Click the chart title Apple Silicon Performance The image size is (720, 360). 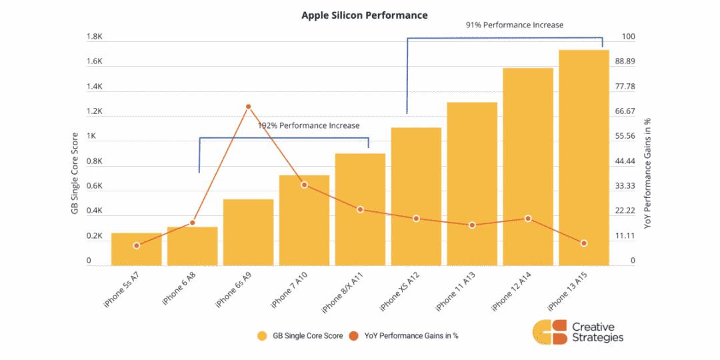[364, 15]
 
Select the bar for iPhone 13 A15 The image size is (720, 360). [583, 157]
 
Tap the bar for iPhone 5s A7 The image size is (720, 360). [137, 249]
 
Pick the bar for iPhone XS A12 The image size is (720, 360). [416, 197]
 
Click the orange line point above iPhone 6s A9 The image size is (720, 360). [249, 107]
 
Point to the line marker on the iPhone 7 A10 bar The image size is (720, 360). [304, 185]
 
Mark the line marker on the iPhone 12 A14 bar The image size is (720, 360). [528, 219]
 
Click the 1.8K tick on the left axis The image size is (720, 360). [95, 37]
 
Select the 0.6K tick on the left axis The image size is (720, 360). [95, 187]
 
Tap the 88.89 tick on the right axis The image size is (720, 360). [625, 62]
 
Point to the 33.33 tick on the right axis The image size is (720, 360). [625, 186]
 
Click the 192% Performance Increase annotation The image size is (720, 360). [309, 125]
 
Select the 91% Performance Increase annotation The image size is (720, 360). [514, 25]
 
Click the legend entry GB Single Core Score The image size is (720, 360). [300, 335]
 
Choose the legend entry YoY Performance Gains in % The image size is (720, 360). [403, 335]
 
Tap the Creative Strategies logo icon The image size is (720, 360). [549, 332]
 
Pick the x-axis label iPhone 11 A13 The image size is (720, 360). [455, 292]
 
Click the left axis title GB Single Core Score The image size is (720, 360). [75, 173]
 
